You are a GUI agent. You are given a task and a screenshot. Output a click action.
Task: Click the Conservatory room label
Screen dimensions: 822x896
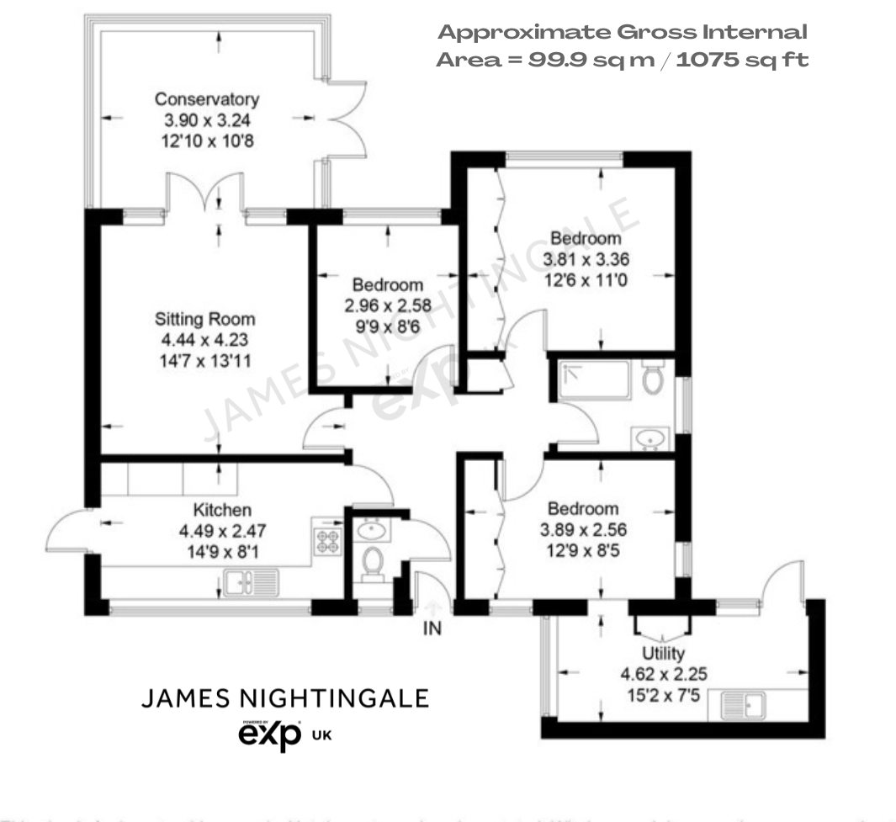coord(206,100)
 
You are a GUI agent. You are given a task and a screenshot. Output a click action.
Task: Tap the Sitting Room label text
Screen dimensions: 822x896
coord(204,320)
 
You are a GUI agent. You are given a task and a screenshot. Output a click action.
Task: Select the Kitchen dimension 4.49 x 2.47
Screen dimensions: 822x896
coord(222,531)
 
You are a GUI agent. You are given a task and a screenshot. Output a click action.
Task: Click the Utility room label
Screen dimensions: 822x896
coord(663,653)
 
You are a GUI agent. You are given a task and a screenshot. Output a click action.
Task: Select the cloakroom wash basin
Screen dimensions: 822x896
coord(370,529)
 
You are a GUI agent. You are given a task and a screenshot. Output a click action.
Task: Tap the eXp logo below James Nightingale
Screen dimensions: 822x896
coord(270,735)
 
